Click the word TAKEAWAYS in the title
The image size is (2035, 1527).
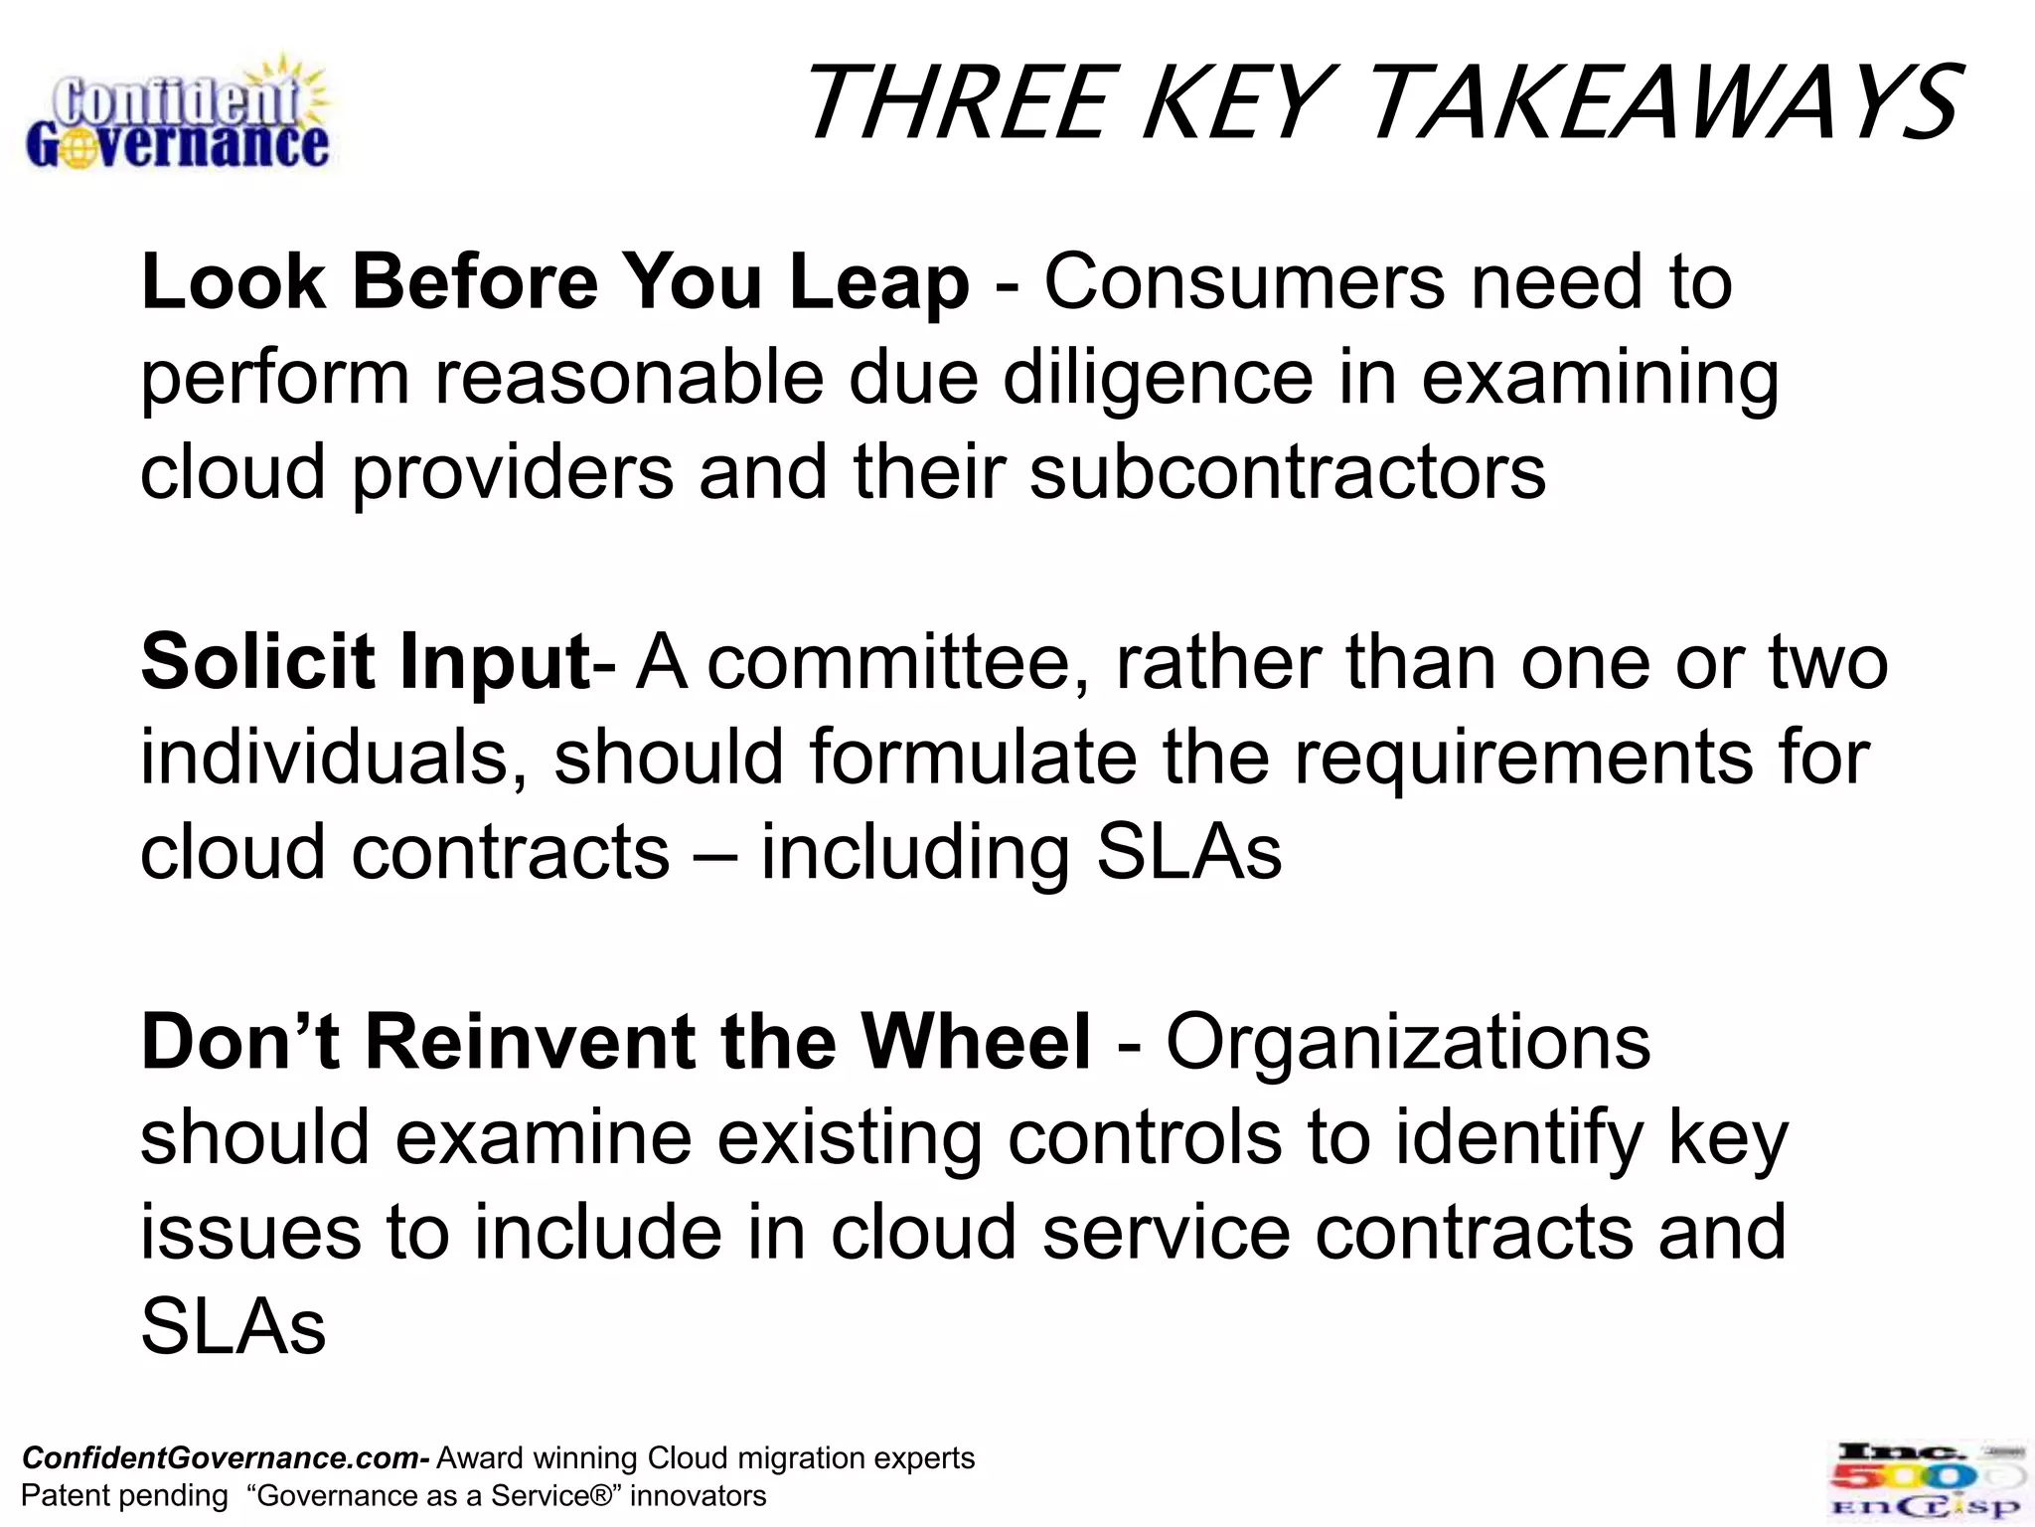pos(1662,103)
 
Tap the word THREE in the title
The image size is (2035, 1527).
pos(955,103)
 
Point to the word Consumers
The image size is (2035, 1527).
pos(1244,283)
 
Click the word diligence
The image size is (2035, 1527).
pos(1158,379)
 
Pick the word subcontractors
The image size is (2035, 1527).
pos(1288,472)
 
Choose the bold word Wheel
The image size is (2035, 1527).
pos(976,1043)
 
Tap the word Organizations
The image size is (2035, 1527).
pos(1408,1043)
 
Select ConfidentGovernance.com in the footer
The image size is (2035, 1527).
pos(221,1458)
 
